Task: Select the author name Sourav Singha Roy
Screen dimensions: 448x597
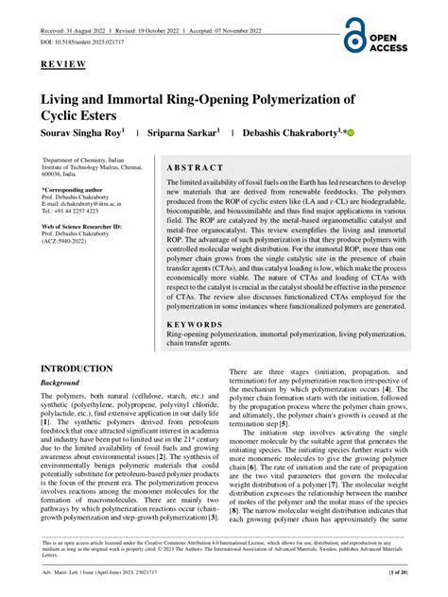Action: point(82,134)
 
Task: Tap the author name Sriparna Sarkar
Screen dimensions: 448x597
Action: point(184,134)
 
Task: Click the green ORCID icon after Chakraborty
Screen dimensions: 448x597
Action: point(351,134)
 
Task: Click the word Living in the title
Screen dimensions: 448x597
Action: point(66,98)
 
